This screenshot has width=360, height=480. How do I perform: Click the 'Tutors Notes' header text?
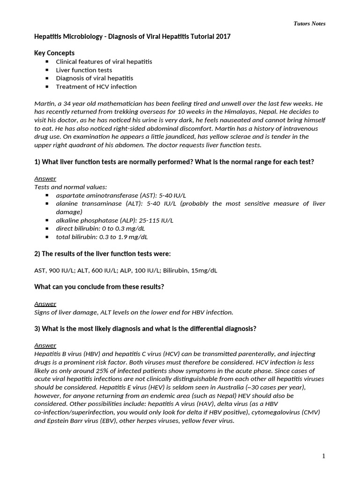point(309,23)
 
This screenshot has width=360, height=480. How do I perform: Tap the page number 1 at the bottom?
point(323,456)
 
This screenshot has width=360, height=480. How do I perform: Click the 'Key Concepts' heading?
point(54,53)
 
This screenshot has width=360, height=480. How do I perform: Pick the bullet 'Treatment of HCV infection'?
point(96,87)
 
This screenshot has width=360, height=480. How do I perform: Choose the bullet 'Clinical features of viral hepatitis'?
point(104,61)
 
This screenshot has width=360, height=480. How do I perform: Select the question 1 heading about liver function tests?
point(174,162)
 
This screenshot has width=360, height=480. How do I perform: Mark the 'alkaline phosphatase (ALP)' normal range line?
point(114,220)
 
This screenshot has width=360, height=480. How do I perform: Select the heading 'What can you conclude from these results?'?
point(99,287)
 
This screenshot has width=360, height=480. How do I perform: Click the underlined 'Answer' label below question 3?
point(45,345)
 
